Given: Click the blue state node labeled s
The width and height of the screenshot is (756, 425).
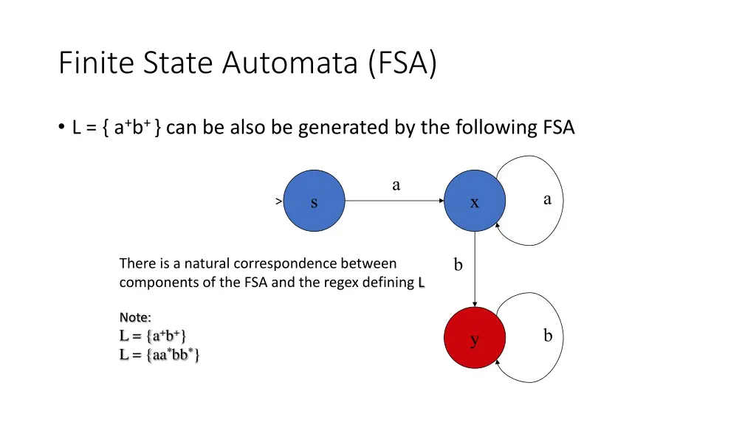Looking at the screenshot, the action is tap(314, 201).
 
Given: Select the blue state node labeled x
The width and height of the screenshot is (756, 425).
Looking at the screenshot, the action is tap(475, 201).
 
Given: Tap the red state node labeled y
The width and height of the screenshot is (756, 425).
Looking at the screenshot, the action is tap(475, 337).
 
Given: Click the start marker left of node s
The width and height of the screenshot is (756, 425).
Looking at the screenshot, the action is tap(278, 201).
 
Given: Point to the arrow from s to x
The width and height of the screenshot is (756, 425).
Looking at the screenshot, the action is tap(394, 201).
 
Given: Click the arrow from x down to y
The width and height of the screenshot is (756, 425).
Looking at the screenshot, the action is tap(475, 269).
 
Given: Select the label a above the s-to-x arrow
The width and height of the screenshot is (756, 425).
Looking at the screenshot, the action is tap(396, 185).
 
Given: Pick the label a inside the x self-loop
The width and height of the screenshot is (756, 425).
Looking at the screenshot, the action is tap(547, 199).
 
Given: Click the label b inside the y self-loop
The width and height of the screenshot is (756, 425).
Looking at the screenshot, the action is tap(548, 336).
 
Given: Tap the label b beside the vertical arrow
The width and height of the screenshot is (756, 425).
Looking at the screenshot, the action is tap(458, 265).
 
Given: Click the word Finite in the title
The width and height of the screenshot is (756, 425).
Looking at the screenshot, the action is tap(97, 62).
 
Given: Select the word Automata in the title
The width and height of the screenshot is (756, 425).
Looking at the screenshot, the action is tap(289, 63).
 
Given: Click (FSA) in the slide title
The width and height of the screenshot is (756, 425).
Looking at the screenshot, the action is tap(402, 63).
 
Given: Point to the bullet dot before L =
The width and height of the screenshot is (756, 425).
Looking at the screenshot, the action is tap(61, 127).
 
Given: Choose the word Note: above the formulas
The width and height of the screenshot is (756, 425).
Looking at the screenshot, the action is tap(135, 317).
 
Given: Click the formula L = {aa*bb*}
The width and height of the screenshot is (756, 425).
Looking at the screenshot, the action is tap(159, 355).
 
